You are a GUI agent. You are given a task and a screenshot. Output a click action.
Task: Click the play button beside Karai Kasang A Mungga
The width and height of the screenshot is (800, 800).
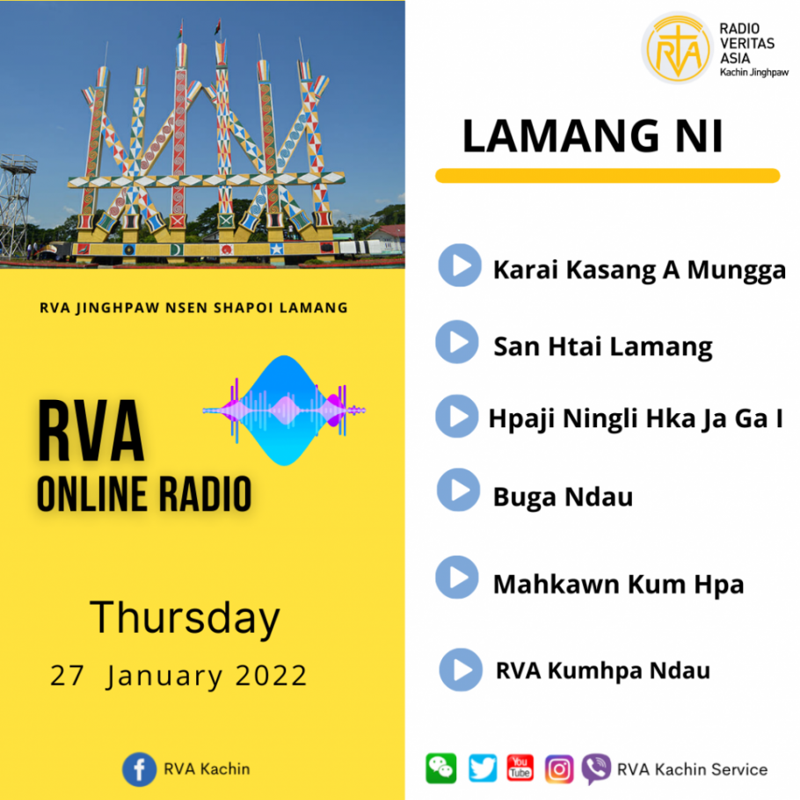460,265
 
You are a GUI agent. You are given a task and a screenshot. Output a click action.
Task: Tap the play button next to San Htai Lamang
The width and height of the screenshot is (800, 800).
457,342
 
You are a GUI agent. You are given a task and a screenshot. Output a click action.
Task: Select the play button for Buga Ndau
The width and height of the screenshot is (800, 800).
459,490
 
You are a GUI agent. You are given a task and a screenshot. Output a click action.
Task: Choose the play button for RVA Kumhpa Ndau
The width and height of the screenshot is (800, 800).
461,670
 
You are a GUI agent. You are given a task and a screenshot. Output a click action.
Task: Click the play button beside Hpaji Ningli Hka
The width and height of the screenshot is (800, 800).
457,416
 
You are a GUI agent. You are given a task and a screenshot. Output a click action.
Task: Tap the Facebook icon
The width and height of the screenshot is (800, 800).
139,769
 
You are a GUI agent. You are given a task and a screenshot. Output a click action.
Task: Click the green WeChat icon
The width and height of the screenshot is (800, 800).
441,768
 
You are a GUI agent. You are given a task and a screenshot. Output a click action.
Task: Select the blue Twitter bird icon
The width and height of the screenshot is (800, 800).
483,768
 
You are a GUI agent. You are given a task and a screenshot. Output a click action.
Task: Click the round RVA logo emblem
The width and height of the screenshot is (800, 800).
678,48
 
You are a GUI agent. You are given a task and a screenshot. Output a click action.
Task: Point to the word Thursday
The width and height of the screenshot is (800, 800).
185,618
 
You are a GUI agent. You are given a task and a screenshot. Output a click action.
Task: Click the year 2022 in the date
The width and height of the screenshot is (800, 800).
271,675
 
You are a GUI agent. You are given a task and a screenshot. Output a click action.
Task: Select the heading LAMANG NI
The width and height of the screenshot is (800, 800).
593,135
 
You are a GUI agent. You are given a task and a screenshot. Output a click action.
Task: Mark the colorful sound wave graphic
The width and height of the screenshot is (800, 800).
284,411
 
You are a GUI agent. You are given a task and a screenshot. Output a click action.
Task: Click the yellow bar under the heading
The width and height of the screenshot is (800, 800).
607,176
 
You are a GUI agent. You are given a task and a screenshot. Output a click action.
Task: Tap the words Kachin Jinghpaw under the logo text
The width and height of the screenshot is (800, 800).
754,72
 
